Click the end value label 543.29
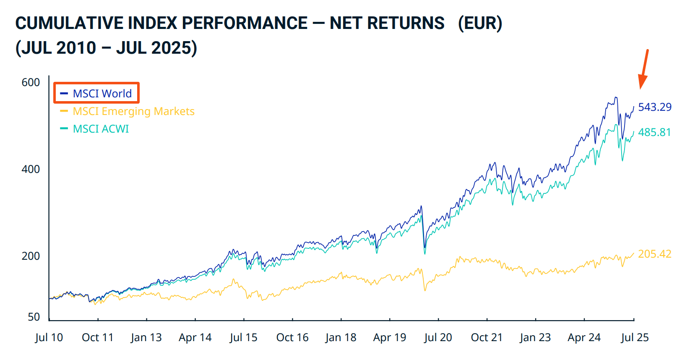654,107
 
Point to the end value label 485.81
654,133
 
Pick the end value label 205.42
654,254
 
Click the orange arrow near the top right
643,69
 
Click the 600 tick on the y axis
31,83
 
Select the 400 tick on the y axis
31,170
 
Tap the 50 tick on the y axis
34,317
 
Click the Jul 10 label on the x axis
49,338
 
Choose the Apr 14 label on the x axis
195,338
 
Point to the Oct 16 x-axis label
292,338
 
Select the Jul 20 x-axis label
438,338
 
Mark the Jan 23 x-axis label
535,338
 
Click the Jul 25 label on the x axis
635,338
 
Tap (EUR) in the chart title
480,23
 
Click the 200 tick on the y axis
31,256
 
